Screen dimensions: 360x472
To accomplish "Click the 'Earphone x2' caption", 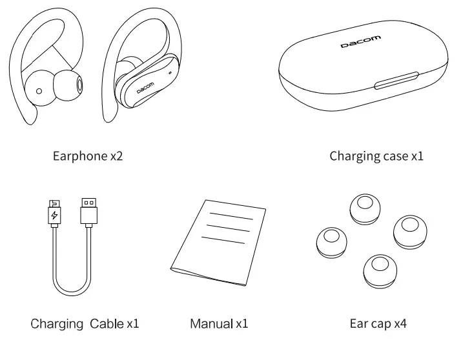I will point(87,156).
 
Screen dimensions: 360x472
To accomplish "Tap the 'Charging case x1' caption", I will point(376,156).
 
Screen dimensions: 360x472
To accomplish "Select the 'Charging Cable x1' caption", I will point(85,323).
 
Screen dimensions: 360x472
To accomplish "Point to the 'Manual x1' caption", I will point(219,323).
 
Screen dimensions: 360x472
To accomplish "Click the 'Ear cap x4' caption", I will point(378,323).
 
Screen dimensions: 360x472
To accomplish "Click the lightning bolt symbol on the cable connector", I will point(54,215).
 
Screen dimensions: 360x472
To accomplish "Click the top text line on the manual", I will point(231,215).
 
